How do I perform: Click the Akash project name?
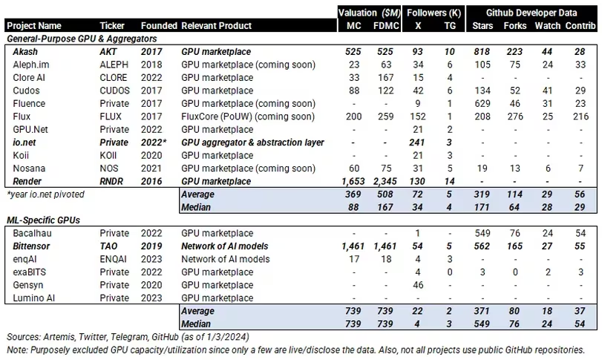pos(24,53)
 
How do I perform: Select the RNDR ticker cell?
pos(111,180)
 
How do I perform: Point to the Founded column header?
pos(159,26)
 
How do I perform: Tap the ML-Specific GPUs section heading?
pos(43,220)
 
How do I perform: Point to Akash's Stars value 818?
pos(482,53)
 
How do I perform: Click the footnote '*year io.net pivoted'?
pos(47,194)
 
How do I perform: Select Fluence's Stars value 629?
pos(482,104)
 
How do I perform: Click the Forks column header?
pos(514,26)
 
